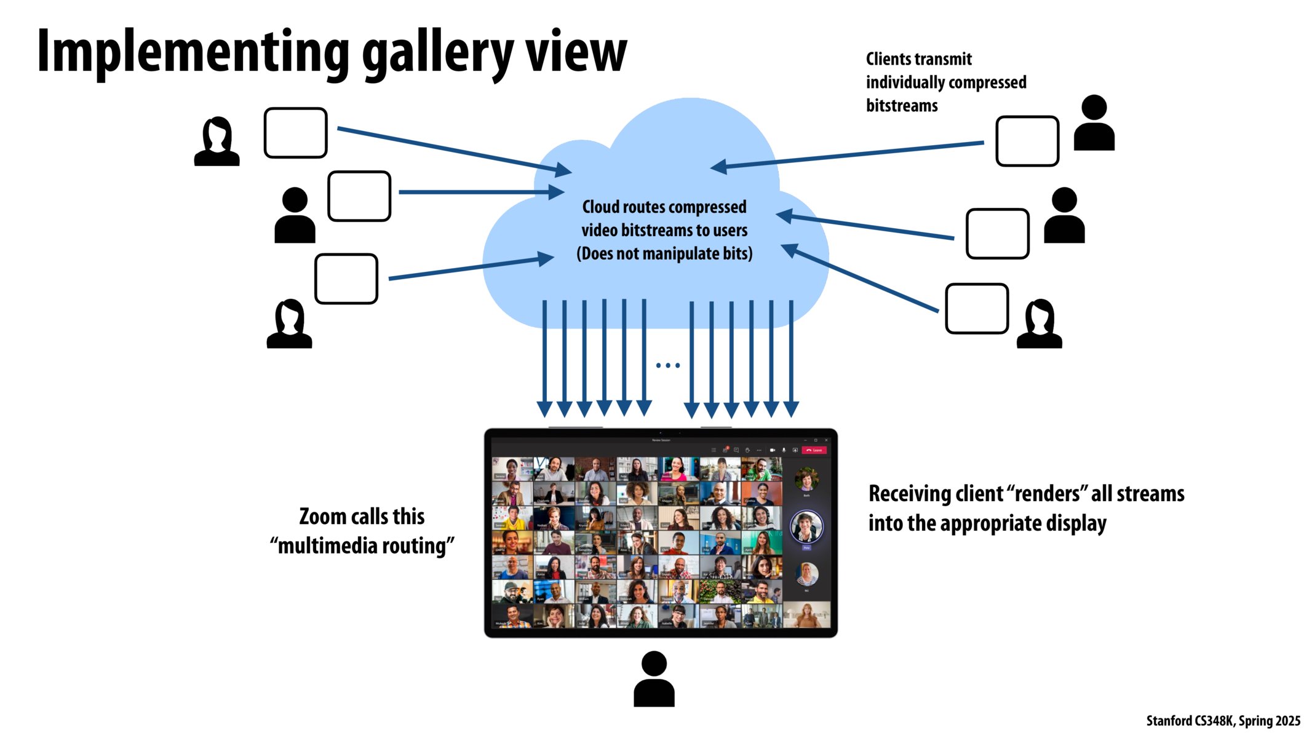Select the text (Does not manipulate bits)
pyautogui.click(x=664, y=254)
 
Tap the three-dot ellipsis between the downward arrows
pyautogui.click(x=668, y=365)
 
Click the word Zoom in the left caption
pyautogui.click(x=322, y=517)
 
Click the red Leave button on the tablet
pyautogui.click(x=814, y=450)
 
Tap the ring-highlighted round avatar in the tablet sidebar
pyautogui.click(x=806, y=526)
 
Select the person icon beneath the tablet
pyautogui.click(x=654, y=679)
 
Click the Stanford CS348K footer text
pyautogui.click(x=1190, y=721)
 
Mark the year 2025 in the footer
pyautogui.click(x=1287, y=721)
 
